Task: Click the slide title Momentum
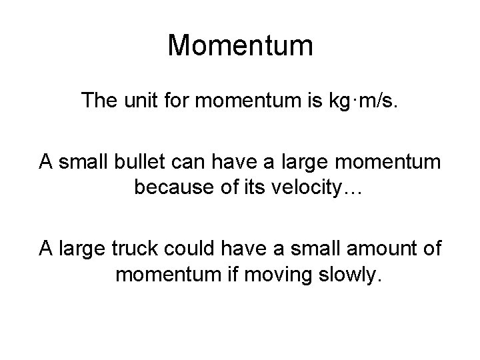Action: tap(240, 45)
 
